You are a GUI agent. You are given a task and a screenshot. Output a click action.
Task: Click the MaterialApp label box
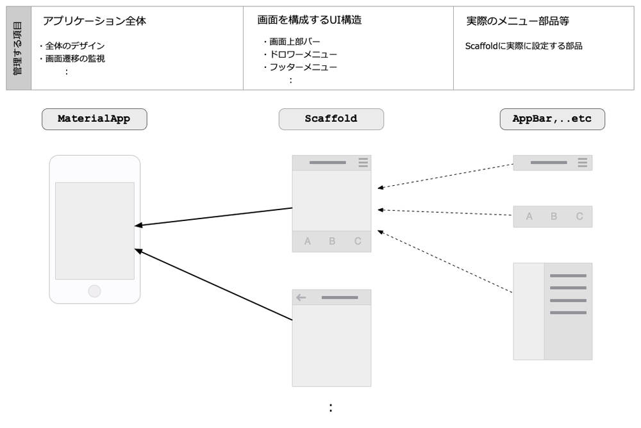[x=94, y=119]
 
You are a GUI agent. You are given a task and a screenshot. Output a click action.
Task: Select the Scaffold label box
[x=331, y=119]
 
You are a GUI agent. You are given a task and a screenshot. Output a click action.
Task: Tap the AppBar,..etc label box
[x=553, y=119]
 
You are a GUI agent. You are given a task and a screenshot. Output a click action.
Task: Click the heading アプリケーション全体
[x=94, y=21]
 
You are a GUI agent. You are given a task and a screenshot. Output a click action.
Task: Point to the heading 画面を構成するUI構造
[x=310, y=20]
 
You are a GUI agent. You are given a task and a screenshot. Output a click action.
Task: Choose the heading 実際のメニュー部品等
[x=517, y=21]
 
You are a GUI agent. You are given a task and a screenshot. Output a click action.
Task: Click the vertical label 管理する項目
[x=17, y=48]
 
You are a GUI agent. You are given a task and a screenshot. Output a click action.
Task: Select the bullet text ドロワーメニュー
[x=303, y=54]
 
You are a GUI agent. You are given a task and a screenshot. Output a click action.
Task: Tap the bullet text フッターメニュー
[x=303, y=67]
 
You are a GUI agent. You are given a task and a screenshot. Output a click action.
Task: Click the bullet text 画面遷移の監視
[x=75, y=58]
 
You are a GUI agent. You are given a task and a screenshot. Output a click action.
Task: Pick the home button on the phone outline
[x=94, y=291]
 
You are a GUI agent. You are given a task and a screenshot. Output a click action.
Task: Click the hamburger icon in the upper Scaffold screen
[x=363, y=163]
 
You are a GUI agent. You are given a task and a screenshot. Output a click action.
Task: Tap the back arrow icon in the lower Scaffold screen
[x=301, y=297]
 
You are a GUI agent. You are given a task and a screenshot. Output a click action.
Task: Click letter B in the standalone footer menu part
[x=554, y=217]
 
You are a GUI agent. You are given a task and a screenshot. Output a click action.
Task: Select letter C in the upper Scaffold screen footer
[x=358, y=241]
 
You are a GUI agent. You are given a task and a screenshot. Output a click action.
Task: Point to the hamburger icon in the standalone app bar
[x=583, y=163]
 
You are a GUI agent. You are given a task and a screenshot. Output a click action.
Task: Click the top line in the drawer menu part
[x=568, y=276]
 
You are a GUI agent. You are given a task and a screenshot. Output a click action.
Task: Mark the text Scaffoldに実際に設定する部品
[x=524, y=45]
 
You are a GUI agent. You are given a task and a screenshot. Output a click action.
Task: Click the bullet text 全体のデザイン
[x=75, y=45]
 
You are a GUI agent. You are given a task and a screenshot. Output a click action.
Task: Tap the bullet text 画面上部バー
[x=295, y=42]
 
